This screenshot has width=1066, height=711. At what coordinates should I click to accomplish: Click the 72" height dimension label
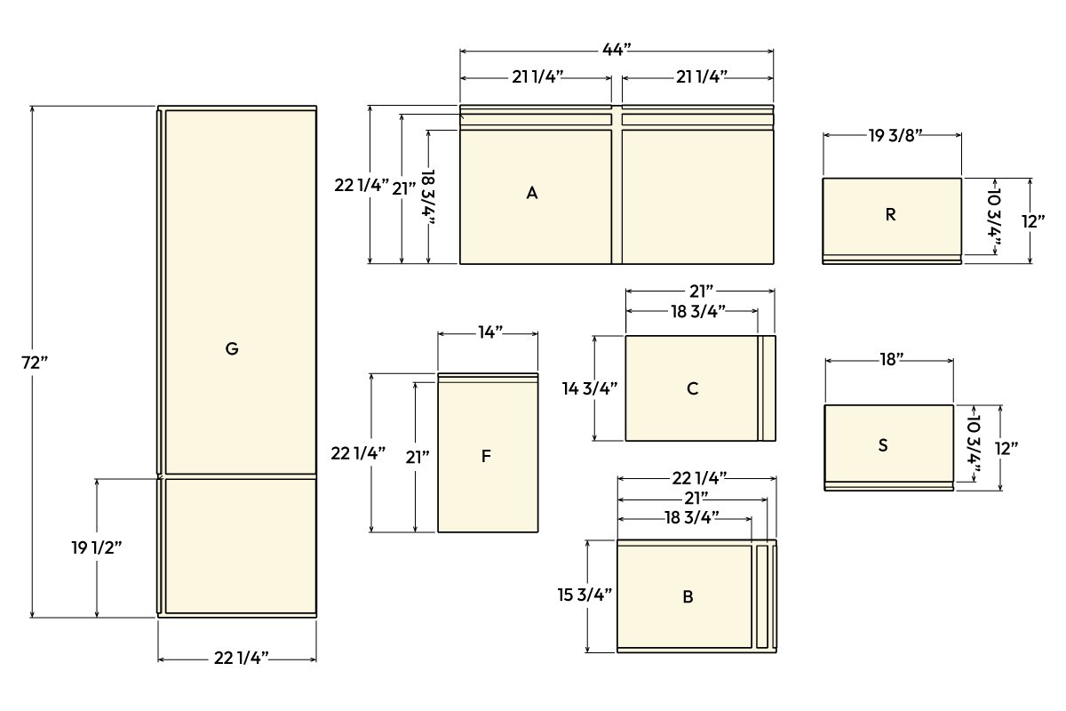[35, 363]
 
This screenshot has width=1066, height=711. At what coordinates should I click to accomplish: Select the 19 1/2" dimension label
[96, 548]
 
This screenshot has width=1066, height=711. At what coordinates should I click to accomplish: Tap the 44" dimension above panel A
[616, 50]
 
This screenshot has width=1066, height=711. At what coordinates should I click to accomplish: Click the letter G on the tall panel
[232, 349]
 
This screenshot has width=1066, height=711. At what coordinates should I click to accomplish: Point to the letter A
[532, 193]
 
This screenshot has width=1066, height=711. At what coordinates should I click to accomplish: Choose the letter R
[891, 215]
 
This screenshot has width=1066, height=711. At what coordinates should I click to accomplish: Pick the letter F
[486, 457]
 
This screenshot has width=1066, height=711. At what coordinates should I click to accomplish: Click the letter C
[692, 388]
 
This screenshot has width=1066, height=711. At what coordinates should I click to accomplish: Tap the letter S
[883, 445]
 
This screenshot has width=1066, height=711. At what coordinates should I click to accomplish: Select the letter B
[688, 597]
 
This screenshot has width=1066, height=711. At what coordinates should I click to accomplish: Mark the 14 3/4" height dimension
[589, 388]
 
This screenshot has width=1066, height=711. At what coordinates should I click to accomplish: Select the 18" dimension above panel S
[892, 359]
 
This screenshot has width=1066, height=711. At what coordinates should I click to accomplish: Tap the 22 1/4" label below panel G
[241, 659]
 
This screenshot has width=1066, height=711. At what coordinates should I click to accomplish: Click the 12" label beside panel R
[1033, 221]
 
